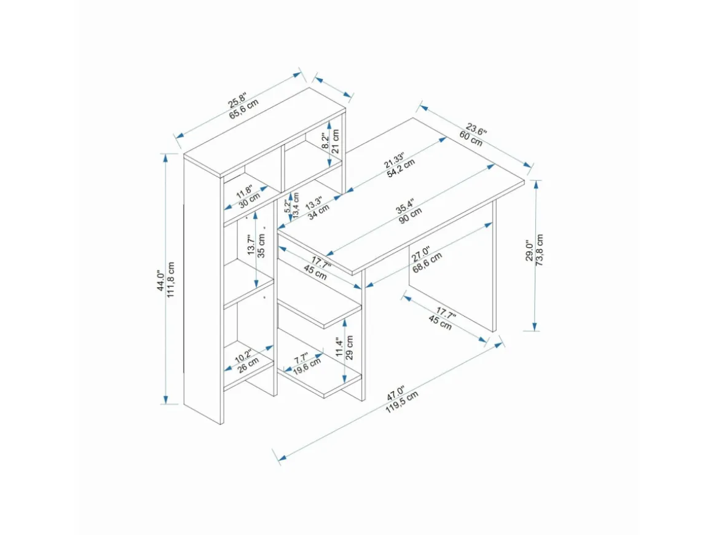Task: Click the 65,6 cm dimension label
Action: (244, 109)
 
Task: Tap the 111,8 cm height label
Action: (171, 280)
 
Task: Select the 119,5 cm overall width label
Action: (402, 402)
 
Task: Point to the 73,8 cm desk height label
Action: (540, 250)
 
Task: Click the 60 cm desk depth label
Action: (471, 138)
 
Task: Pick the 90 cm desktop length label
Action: (410, 216)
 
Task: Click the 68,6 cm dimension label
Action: (427, 263)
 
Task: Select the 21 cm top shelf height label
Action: (336, 141)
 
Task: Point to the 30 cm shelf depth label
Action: (249, 200)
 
